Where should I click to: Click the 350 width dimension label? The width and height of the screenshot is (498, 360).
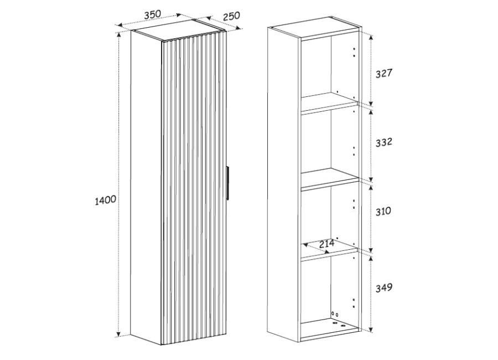click(153, 14)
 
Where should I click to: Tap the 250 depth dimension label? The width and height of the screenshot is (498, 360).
click(231, 16)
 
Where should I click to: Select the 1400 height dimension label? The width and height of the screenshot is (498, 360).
click(106, 200)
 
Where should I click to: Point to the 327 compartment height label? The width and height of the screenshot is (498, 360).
click(385, 74)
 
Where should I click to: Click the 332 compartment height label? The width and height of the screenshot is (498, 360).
click(384, 142)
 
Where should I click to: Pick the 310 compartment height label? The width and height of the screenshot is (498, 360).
click(383, 211)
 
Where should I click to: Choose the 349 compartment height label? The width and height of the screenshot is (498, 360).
click(384, 288)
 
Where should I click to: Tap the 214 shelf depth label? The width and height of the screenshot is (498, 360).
click(327, 244)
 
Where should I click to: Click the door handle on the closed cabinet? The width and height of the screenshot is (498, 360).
click(227, 183)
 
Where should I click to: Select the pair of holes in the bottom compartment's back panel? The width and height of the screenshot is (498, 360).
click(335, 314)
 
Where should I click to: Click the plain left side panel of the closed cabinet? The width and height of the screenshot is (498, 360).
click(146, 188)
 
